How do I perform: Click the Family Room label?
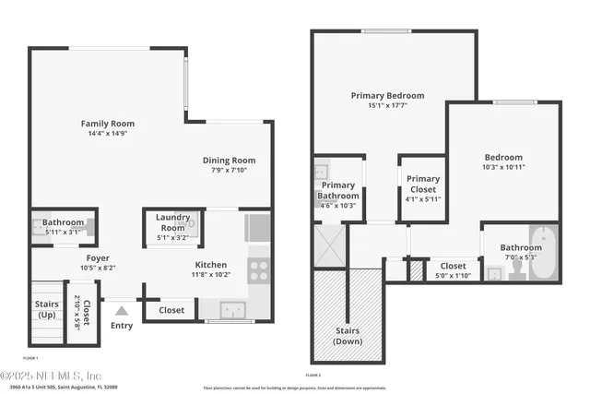coord(108,123)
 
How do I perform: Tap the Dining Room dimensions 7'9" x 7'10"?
coord(229,170)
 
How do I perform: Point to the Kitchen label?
coord(211,264)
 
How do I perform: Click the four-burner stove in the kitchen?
coord(259,270)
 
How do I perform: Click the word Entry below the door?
coord(121,325)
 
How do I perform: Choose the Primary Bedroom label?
coord(387,95)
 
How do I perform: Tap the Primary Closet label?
coord(423,184)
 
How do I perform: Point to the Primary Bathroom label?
coord(337,190)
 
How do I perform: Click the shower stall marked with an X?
coord(329,245)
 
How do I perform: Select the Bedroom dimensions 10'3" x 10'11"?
coord(503,168)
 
